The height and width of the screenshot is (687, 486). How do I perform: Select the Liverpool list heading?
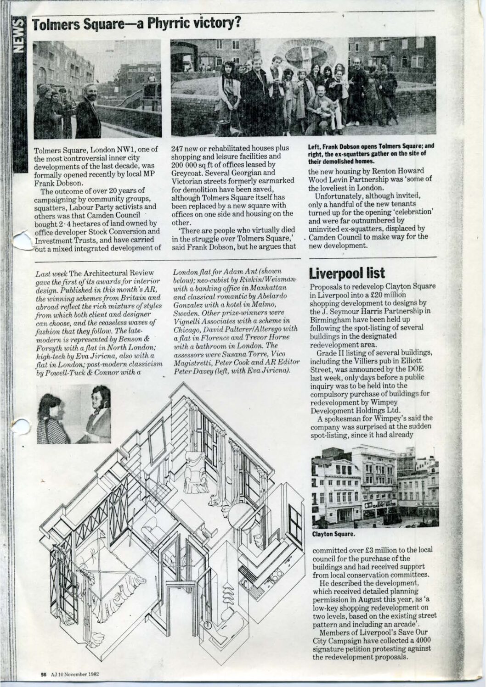347,274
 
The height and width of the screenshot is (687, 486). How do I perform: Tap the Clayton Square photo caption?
333,534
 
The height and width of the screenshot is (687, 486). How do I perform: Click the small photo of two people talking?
73,414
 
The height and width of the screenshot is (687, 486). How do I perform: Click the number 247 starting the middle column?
178,148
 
